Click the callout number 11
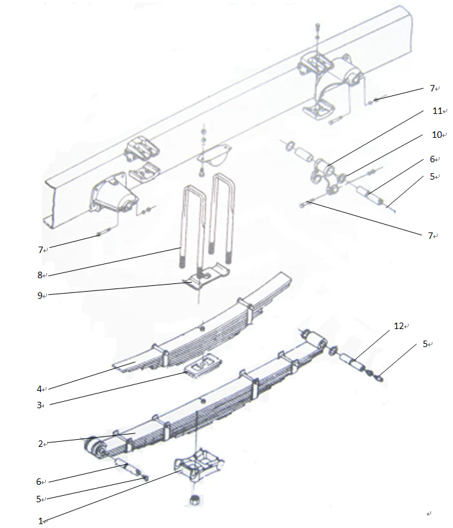point(436,111)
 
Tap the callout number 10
point(436,135)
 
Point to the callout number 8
point(40,275)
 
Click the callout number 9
point(40,296)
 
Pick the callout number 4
point(39,388)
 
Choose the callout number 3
point(39,405)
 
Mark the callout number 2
point(39,443)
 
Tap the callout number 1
point(40,520)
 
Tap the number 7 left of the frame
point(40,249)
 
